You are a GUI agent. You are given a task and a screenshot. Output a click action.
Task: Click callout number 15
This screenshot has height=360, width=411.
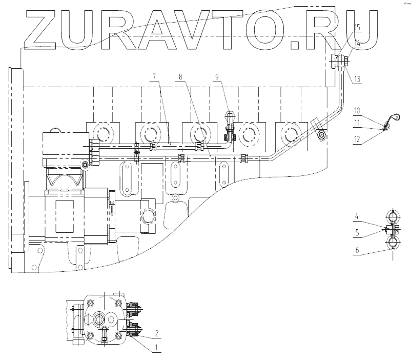(357, 26)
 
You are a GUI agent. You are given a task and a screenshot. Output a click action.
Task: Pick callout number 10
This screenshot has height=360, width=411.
(357, 110)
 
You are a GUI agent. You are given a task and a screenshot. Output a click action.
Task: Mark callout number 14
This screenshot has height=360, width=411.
(357, 45)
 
